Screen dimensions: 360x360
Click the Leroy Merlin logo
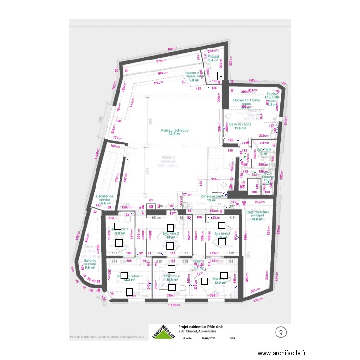[x=163, y=330]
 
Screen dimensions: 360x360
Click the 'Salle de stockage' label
[x=90, y=264]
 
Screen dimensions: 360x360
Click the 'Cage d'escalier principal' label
[x=258, y=216]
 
